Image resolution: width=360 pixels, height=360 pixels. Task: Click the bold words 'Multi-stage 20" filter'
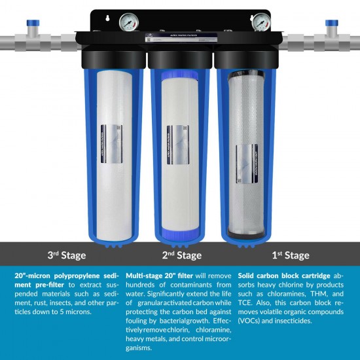(157, 276)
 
